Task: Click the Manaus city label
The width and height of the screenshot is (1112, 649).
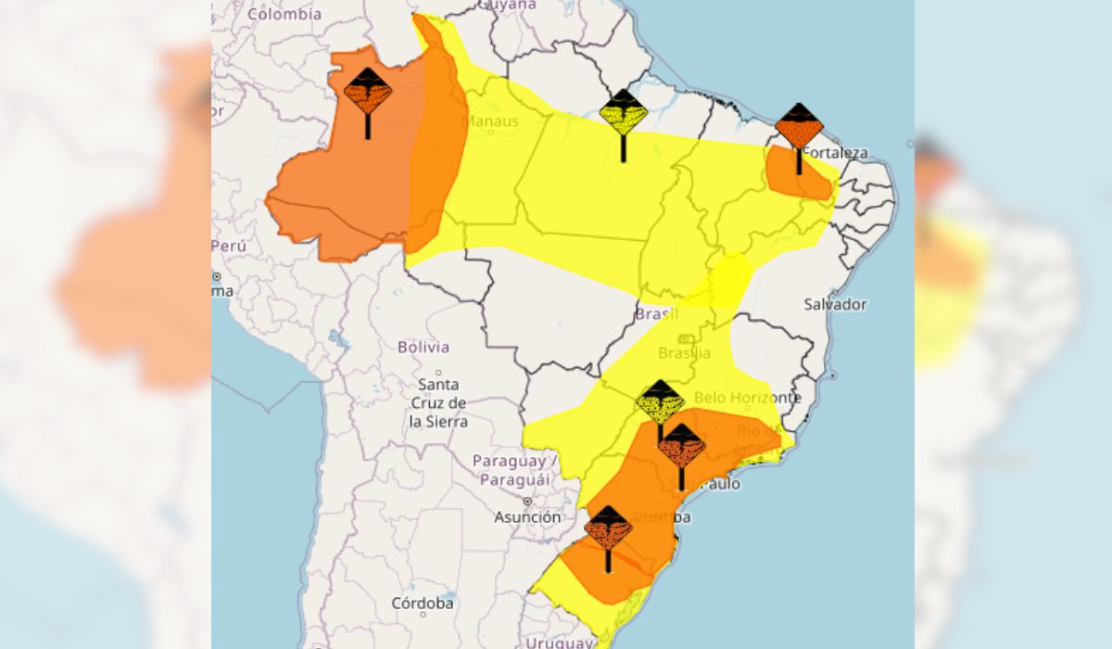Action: point(490,121)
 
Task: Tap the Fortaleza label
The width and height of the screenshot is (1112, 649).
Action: point(835,153)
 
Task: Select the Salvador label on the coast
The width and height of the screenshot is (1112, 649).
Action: point(835,304)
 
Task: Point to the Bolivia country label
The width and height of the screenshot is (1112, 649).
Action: point(423,348)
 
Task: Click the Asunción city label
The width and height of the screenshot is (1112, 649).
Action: point(527,517)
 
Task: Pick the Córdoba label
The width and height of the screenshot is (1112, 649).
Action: point(423,603)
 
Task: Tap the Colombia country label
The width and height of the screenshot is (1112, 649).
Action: point(284,14)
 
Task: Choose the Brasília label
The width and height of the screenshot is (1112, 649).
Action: point(685,353)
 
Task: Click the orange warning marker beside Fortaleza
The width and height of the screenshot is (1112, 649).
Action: point(799,128)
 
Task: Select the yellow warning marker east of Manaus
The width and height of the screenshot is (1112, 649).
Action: point(623,114)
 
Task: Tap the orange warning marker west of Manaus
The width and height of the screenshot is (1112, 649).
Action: point(368,92)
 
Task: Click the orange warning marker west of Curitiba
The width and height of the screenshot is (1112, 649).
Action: point(608,528)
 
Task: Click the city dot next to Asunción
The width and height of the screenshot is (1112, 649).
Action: point(527,502)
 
